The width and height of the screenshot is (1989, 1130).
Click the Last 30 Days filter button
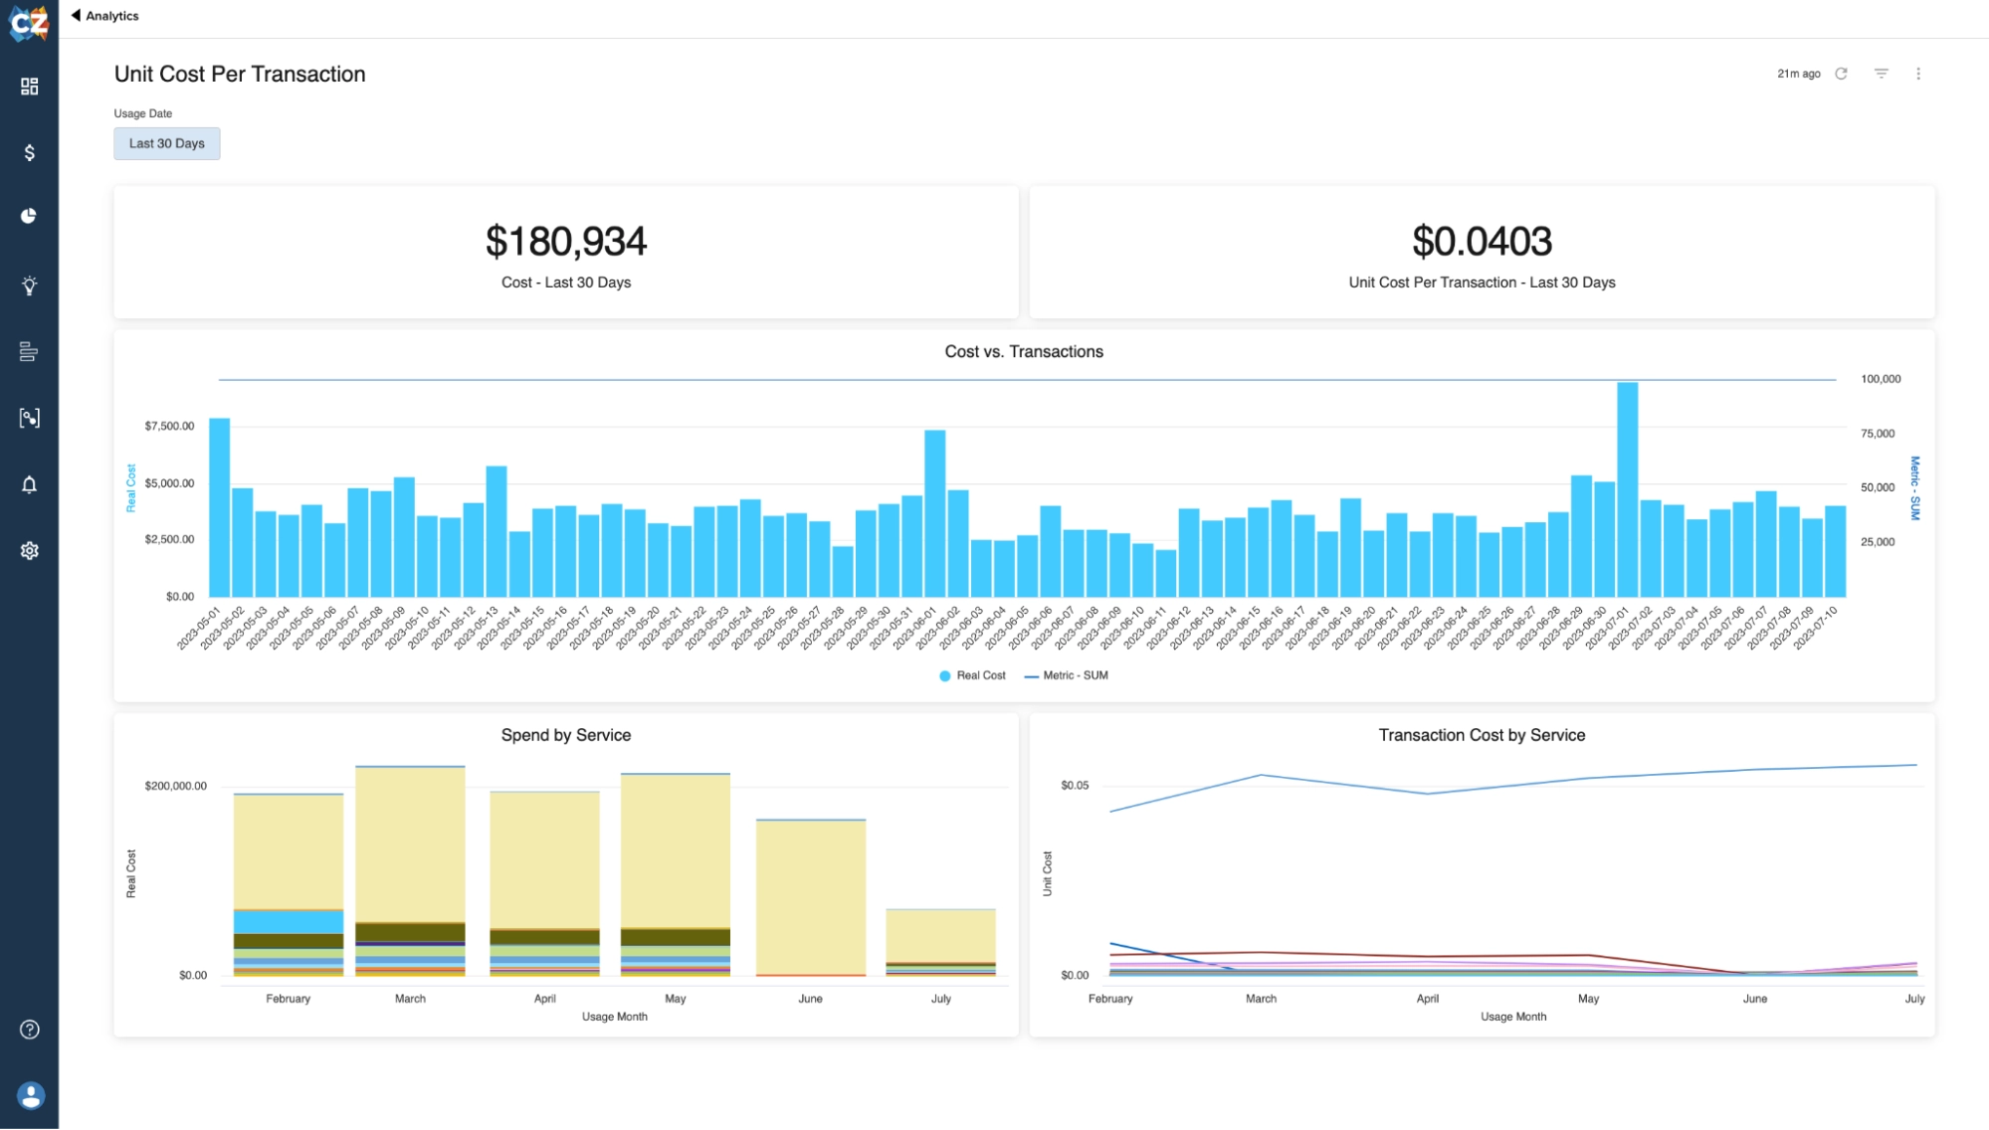166,143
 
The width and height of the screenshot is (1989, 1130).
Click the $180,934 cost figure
565,242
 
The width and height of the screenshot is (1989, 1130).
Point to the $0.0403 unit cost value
1482,242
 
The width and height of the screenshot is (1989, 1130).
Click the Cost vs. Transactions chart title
1023,352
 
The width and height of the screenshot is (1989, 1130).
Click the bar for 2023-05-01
219,507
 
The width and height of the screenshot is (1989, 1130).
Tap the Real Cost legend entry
972,675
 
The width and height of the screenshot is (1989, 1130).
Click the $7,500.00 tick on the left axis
169,427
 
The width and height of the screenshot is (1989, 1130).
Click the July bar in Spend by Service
940,941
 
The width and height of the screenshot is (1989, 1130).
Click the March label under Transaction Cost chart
1261,999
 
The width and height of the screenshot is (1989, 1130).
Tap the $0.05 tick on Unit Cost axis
1074,786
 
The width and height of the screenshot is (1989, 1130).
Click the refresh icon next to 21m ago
1841,74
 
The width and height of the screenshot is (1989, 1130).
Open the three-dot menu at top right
1918,74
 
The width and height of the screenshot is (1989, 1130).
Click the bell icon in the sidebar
29,484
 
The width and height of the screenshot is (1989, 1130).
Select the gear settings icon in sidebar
29,551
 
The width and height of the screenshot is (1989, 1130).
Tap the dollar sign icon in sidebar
29,152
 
